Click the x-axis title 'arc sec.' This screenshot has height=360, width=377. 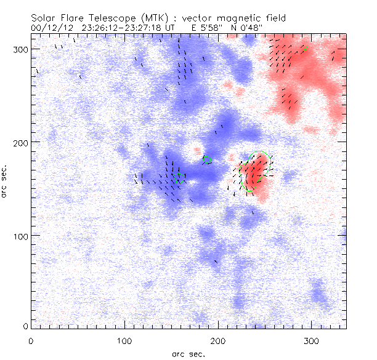[x=188, y=353]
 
